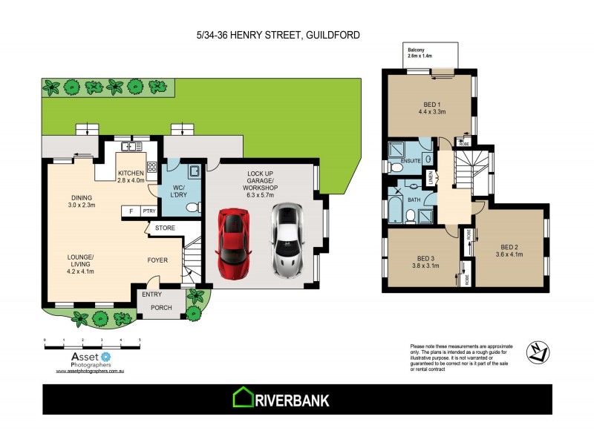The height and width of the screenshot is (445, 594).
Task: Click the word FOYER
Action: [157, 260]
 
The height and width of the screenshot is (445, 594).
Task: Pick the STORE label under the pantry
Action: [164, 228]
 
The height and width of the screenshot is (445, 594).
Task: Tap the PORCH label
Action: [161, 307]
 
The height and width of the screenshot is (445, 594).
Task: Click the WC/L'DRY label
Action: [179, 191]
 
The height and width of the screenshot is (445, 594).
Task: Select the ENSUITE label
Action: [410, 160]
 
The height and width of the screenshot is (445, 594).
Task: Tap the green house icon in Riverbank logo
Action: [243, 398]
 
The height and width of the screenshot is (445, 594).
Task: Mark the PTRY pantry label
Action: [148, 211]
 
